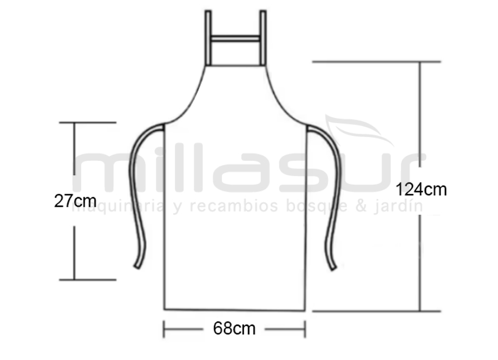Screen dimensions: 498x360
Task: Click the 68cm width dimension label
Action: click(234, 329)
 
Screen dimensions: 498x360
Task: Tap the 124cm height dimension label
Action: click(421, 189)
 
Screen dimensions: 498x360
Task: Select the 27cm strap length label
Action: click(75, 201)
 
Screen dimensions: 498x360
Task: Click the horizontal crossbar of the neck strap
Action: click(235, 39)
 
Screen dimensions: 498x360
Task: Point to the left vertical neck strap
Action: click(208, 38)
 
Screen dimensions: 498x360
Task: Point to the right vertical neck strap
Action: click(263, 38)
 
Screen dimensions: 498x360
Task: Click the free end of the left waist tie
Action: click(137, 266)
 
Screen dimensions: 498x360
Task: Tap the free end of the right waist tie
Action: click(333, 268)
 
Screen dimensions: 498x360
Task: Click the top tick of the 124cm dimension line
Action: click(377, 62)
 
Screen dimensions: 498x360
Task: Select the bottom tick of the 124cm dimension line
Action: click(377, 311)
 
